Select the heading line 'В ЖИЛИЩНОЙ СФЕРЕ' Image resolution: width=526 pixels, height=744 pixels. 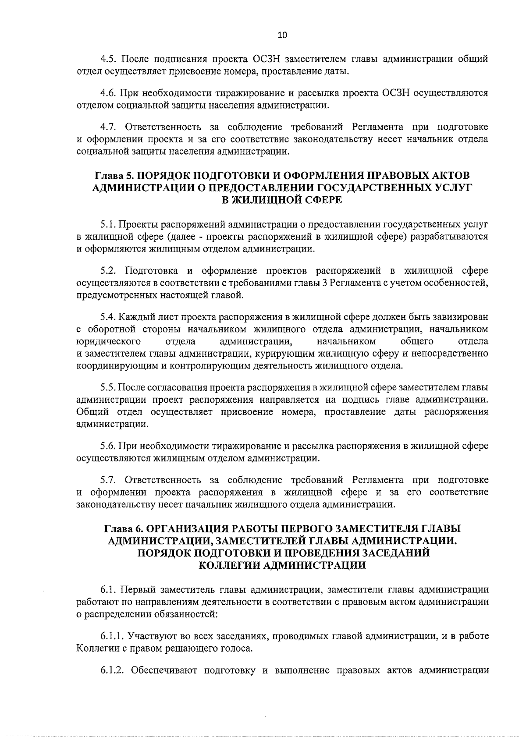[x=282, y=200]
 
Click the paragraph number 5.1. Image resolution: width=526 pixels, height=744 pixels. [x=108, y=225]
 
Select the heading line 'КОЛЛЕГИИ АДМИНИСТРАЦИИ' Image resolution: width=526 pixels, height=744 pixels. [x=282, y=565]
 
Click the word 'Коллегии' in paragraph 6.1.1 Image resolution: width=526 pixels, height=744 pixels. [x=92, y=648]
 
